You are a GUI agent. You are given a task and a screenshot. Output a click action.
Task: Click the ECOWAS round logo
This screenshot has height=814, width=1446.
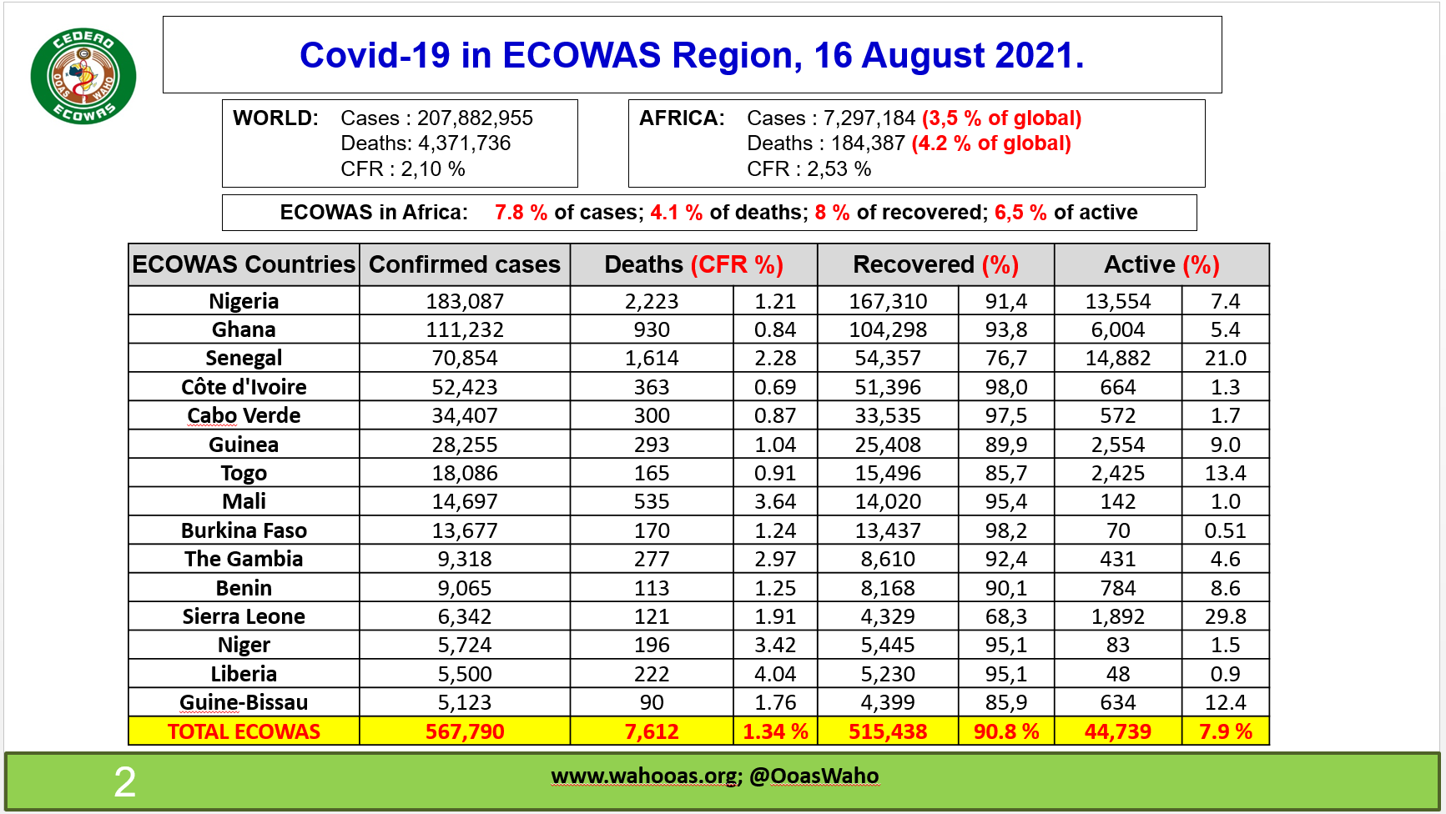pyautogui.click(x=83, y=77)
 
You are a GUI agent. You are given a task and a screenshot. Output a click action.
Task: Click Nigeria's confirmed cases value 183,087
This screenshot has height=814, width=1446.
pyautogui.click(x=465, y=301)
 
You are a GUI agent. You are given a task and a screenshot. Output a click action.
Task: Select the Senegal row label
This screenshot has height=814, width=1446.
pyautogui.click(x=244, y=359)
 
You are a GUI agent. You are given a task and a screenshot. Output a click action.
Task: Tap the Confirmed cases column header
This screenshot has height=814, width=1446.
pyautogui.click(x=465, y=264)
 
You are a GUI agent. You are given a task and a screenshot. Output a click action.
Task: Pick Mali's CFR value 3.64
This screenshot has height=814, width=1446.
pyautogui.click(x=775, y=502)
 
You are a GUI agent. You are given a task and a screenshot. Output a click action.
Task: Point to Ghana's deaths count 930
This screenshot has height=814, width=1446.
pyautogui.click(x=652, y=330)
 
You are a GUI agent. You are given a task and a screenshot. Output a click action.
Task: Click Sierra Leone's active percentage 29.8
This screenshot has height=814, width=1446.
pyautogui.click(x=1225, y=617)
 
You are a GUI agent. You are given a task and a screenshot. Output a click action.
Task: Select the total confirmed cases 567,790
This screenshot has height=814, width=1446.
pyautogui.click(x=465, y=732)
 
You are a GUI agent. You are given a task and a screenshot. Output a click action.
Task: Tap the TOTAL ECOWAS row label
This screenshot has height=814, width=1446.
pyautogui.click(x=244, y=732)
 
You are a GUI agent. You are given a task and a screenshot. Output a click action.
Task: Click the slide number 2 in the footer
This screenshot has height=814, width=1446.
pyautogui.click(x=124, y=782)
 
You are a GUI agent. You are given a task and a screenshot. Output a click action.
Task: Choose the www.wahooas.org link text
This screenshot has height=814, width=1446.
pyautogui.click(x=644, y=776)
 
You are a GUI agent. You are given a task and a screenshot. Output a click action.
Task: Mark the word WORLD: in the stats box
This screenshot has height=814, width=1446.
pyautogui.click(x=275, y=118)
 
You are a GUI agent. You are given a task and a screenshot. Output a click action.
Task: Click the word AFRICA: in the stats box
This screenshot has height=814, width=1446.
pyautogui.click(x=682, y=118)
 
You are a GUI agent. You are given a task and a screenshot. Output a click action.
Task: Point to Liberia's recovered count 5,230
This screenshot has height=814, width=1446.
pyautogui.click(x=888, y=674)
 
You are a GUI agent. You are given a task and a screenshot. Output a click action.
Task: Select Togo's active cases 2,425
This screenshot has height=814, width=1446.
pyautogui.click(x=1117, y=474)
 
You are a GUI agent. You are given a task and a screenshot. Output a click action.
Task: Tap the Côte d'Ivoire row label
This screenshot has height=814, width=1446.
pyautogui.click(x=244, y=388)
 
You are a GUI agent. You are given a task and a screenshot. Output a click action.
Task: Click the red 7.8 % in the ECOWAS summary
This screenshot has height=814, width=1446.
pyautogui.click(x=521, y=213)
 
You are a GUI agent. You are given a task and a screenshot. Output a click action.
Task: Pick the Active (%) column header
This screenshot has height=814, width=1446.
pyautogui.click(x=1161, y=264)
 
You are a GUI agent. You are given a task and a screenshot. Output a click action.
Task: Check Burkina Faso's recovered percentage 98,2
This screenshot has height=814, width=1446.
pyautogui.click(x=1005, y=531)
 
